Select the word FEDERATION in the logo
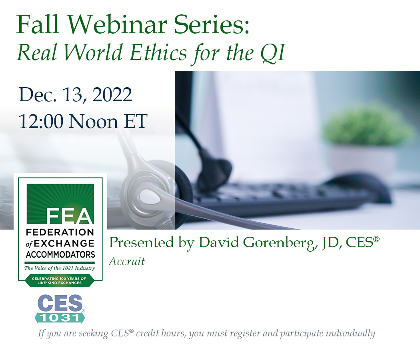point(60,232)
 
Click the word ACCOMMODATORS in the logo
point(60,254)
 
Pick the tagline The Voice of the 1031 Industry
point(60,268)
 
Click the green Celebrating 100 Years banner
point(60,280)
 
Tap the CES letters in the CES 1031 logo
point(60,304)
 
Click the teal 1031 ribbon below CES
point(60,318)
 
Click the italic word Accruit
point(126,262)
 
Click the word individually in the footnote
point(352,333)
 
